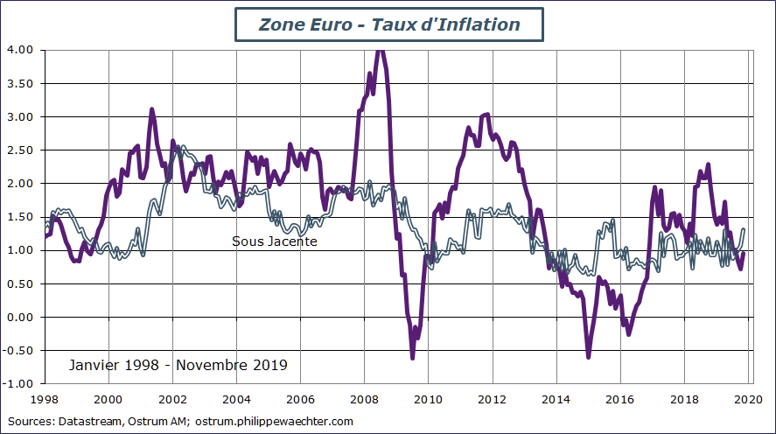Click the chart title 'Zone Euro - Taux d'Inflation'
coord(389,24)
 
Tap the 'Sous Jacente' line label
coord(274,241)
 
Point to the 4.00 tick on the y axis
coord(19,50)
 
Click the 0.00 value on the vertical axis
coord(19,317)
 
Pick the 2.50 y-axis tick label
coord(19,150)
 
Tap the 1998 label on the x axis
coord(45,399)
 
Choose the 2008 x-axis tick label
coord(365,399)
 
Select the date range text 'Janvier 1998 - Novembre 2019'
coord(178,364)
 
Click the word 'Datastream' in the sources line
coord(88,422)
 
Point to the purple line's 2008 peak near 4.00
coord(379,51)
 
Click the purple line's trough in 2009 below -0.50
coord(413,357)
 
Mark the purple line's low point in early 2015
coord(589,356)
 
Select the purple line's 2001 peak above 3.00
coord(151,110)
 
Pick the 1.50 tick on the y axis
coord(19,217)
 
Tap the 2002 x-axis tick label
coord(173,399)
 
